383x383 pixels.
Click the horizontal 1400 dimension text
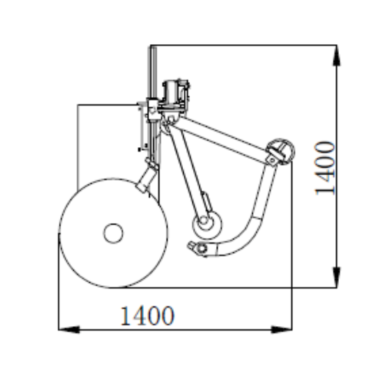point(148,316)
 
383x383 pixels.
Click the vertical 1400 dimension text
point(325,169)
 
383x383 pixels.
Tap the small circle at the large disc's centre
point(114,233)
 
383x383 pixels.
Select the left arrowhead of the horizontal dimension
point(69,329)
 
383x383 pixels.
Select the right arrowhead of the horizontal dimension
point(281,329)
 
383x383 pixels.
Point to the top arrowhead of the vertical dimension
point(336,56)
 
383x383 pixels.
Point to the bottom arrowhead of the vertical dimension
point(336,277)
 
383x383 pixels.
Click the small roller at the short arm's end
point(207,225)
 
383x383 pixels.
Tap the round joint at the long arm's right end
point(281,152)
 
